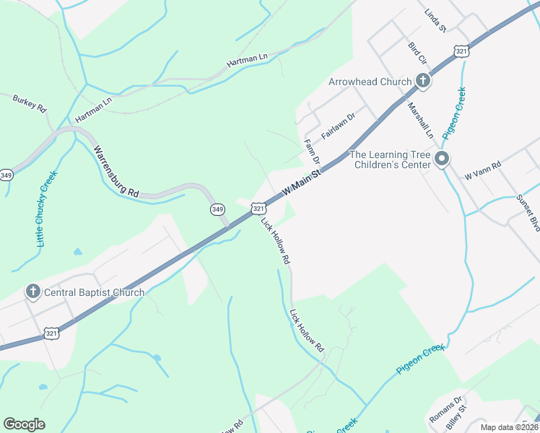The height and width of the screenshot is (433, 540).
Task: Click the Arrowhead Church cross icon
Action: tap(422, 82)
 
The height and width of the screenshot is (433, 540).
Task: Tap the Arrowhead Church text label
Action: tap(370, 82)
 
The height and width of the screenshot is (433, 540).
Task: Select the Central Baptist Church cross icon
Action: tap(32, 292)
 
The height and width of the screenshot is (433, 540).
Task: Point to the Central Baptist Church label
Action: tap(94, 292)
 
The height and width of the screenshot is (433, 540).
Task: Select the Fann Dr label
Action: tap(312, 151)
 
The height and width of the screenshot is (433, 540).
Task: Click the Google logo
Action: tap(24, 424)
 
